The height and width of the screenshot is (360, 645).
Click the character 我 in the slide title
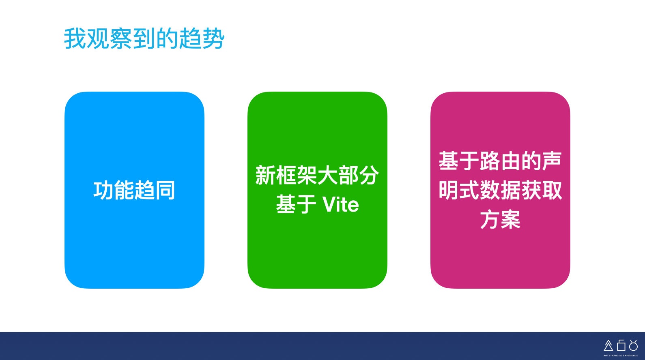75,38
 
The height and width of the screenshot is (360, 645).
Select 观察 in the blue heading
110,38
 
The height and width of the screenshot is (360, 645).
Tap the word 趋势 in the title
202,38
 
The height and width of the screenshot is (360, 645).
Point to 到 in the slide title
144,38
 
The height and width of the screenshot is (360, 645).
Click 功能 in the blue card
114,190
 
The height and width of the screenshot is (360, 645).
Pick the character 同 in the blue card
165,190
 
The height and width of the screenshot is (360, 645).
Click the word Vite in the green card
341,205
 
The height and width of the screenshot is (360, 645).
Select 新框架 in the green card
286,175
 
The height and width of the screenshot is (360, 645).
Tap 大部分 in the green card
348,175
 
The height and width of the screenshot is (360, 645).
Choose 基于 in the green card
296,204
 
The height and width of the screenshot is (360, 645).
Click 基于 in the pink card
459,161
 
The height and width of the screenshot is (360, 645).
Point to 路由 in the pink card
500,161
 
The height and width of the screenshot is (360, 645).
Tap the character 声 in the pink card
552,161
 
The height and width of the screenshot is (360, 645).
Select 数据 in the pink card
500,190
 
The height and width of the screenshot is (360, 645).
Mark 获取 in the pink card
542,190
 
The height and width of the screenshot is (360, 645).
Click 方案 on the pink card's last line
500,219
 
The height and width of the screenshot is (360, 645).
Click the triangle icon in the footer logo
608,345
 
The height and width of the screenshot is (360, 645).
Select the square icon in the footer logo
621,345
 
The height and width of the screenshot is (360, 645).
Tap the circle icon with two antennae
633,345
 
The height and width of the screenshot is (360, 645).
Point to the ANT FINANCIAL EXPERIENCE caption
621,356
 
